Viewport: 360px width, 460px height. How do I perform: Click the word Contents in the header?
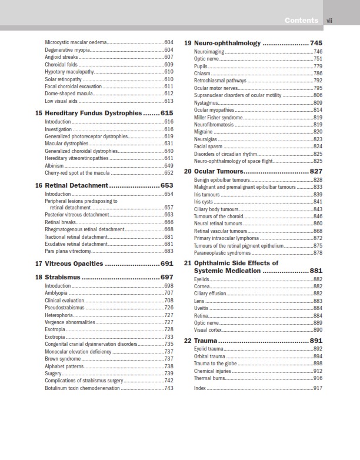coord(302,21)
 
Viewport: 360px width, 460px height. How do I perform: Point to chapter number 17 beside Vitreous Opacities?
coord(39,264)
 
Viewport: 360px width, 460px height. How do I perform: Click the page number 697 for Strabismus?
coord(167,277)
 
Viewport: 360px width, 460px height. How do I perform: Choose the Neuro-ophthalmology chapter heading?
coord(227,44)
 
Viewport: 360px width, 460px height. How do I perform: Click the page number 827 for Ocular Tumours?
coord(316,171)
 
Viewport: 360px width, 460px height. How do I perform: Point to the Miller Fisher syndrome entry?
coord(218,117)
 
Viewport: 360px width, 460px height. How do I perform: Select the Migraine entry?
coord(204,132)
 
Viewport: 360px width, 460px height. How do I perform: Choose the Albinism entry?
coord(55,166)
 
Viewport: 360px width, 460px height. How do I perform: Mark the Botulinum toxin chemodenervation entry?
coord(80,388)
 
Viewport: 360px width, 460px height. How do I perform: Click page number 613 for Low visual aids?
coord(169,101)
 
